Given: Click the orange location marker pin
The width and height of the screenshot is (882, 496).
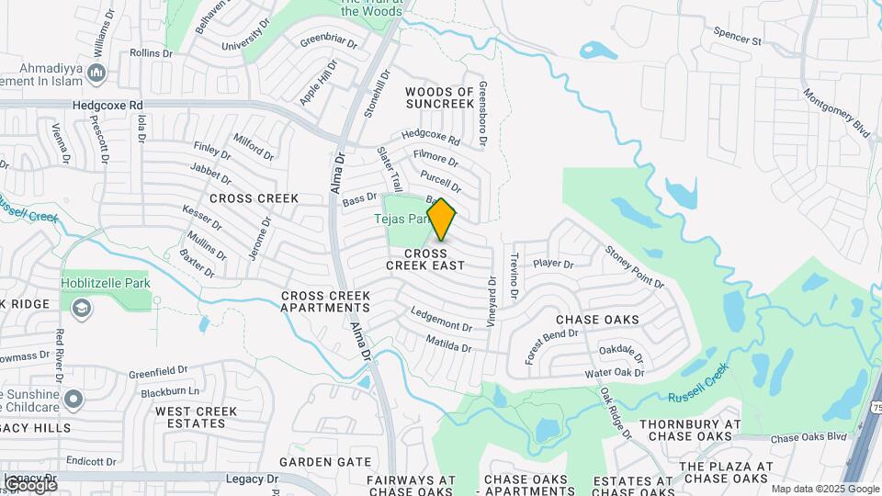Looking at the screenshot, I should coord(441,219).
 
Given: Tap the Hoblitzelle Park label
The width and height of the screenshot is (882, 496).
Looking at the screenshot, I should coord(106,284).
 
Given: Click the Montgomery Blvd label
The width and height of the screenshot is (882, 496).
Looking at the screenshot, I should coord(836,113).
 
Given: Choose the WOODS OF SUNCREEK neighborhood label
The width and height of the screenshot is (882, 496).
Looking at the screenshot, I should coord(441,98).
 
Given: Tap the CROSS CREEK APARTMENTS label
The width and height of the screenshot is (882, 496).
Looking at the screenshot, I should coord(325,302).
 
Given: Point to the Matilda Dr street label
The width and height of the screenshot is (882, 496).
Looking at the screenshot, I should coord(448,344).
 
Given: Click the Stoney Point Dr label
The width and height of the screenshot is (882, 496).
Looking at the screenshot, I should coord(634,266).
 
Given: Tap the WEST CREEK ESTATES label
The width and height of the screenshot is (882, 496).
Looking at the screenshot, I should coord(190,417).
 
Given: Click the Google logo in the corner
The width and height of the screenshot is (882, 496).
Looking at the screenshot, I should coord(29,484).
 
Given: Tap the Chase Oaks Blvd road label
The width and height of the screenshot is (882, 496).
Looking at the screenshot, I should coord(808,438).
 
